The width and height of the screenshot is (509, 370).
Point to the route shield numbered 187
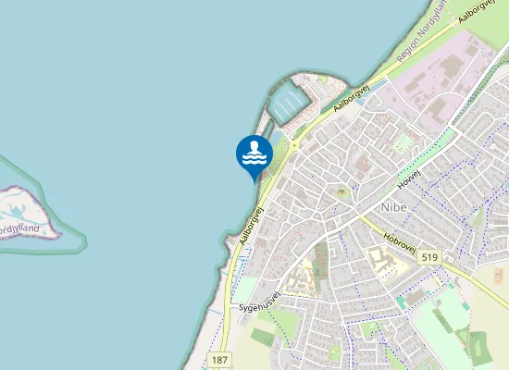click(219, 359)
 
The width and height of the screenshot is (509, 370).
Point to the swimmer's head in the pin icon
click(257, 145)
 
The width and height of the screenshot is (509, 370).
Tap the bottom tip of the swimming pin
click(254, 180)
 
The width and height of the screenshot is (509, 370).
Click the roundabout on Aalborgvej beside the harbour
click(294, 145)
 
